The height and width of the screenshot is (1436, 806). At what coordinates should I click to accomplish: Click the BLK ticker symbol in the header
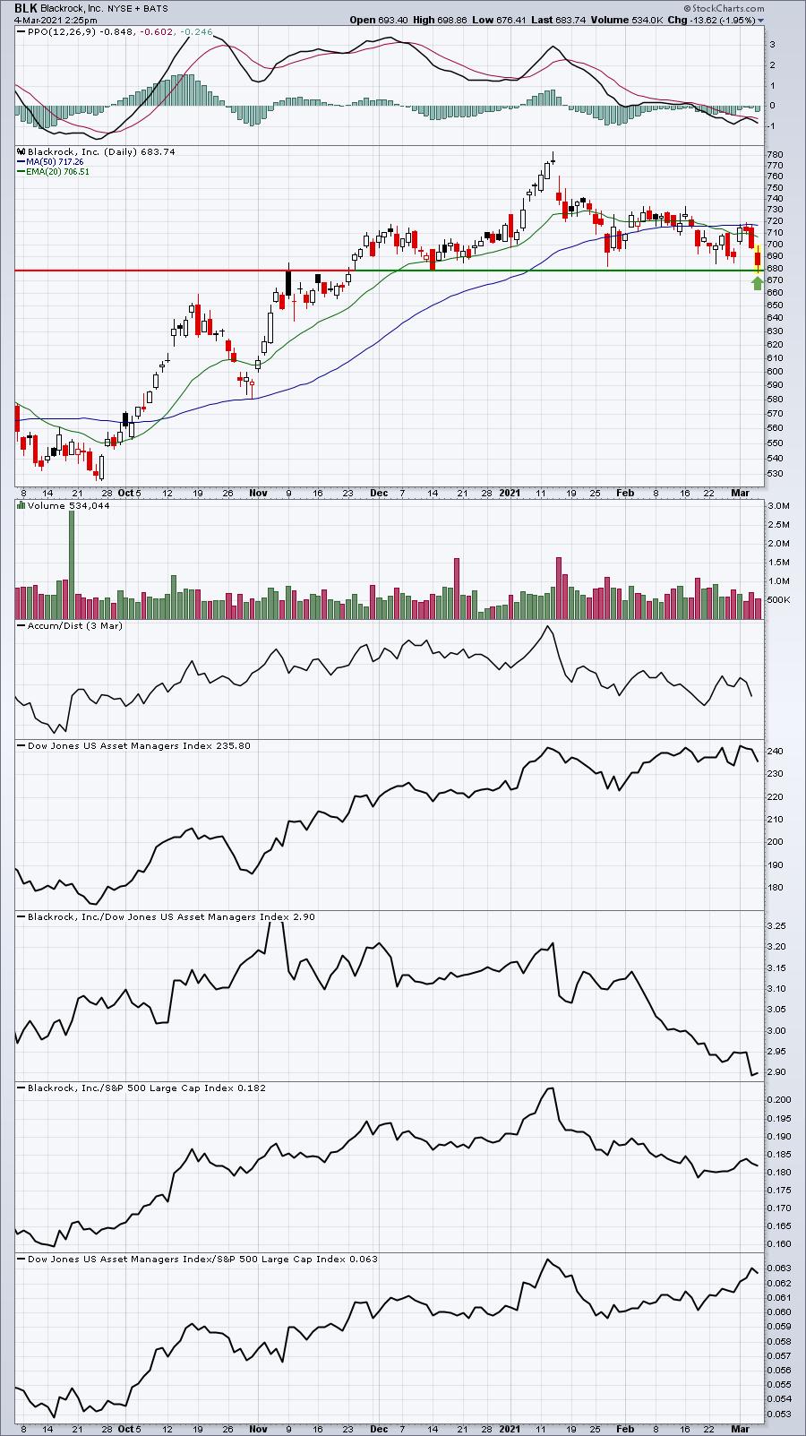tap(26, 8)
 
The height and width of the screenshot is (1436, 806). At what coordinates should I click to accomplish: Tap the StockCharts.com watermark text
tap(724, 8)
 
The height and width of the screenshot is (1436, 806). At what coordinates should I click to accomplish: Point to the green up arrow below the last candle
tap(758, 283)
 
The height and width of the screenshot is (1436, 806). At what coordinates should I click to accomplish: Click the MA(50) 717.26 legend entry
tap(55, 162)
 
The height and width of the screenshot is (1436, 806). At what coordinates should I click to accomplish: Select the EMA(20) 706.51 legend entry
tap(57, 172)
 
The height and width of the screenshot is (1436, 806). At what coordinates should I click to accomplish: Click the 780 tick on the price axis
tap(775, 154)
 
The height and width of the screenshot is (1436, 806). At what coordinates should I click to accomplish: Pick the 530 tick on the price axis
tap(775, 474)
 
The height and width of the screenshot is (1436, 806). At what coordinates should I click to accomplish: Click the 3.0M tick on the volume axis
tap(778, 506)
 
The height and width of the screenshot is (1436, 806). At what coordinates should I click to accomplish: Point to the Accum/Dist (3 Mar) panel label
tap(75, 625)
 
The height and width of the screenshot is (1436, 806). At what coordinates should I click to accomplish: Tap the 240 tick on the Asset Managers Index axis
tap(775, 752)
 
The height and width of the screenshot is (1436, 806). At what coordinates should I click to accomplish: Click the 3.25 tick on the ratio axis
tap(776, 925)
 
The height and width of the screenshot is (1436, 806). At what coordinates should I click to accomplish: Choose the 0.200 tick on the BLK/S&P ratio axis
tap(779, 1099)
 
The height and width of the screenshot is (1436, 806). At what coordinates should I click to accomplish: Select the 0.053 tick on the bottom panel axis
tap(779, 1414)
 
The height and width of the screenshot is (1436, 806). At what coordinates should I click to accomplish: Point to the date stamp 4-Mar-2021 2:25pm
tap(56, 20)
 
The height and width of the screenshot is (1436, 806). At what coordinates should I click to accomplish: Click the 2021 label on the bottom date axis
tap(510, 1429)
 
